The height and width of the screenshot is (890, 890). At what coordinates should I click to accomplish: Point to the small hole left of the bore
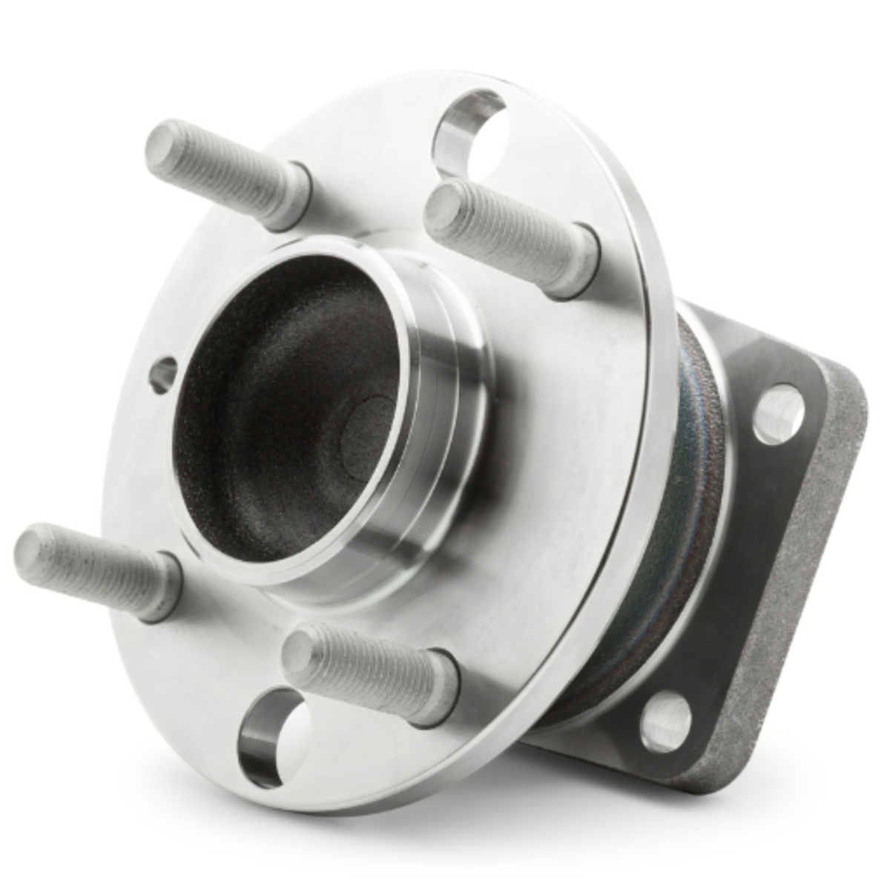tap(163, 375)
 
